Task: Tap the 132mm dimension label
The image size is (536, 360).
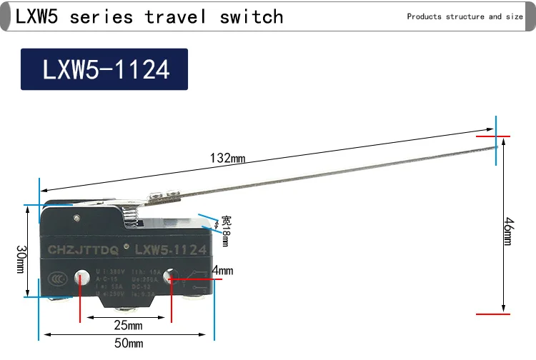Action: point(227,158)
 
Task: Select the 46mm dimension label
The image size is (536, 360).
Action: point(507,231)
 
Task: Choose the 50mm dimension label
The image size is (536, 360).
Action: point(129,344)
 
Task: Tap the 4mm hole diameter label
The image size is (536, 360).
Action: point(223,271)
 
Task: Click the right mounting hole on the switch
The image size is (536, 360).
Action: point(172,276)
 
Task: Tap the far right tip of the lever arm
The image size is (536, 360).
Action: point(495,146)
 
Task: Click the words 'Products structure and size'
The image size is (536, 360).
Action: point(465,16)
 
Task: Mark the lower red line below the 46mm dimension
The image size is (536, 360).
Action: point(494,313)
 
